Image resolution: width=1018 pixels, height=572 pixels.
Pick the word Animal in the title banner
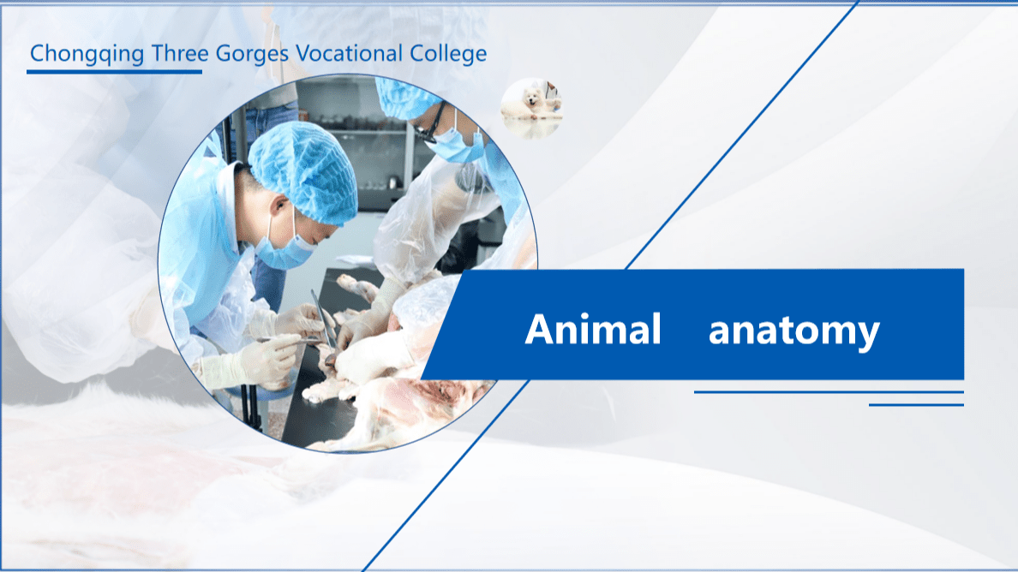coord(593,330)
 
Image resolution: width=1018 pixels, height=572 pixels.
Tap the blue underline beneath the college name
coord(114,72)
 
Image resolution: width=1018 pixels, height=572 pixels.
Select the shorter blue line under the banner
coord(916,404)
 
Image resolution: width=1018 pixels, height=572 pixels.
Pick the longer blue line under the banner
coord(829,392)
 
